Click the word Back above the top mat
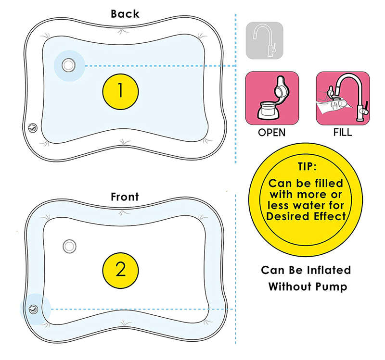point(125,14)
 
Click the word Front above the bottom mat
point(125,197)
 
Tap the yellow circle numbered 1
point(120,91)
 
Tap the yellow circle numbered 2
point(120,271)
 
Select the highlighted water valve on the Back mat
point(68,65)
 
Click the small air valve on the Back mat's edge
point(32,128)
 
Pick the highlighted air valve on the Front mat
point(33,309)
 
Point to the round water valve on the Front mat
point(69,246)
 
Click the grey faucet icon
point(264,40)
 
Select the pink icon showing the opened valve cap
point(272,98)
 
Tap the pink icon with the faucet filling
point(343,98)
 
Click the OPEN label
point(271,133)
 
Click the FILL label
point(343,133)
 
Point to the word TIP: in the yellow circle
point(307,166)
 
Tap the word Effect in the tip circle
point(326,216)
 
